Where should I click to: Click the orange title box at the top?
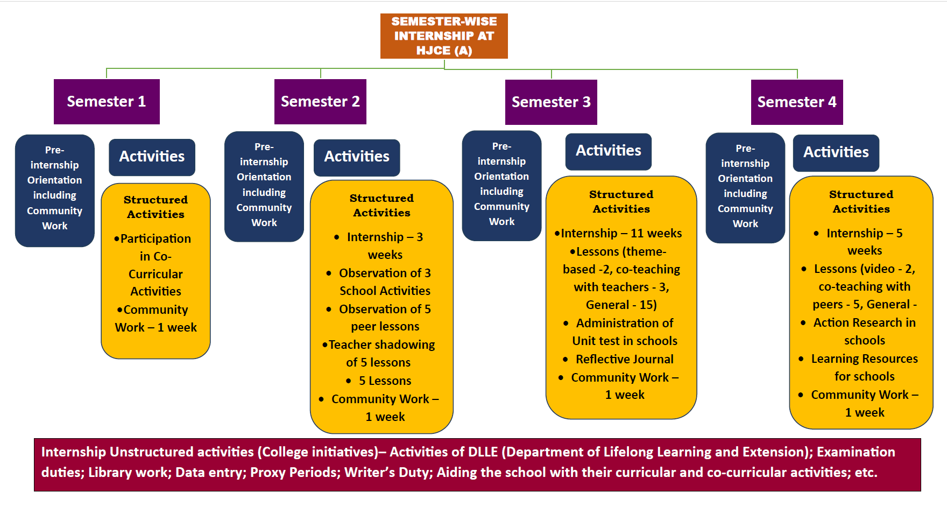(444, 36)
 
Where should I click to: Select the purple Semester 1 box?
(107, 101)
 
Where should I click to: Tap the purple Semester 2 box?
(320, 101)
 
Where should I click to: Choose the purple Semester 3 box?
(551, 102)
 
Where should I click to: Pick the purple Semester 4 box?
(797, 102)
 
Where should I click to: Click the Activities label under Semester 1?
(152, 157)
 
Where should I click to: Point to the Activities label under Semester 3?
(608, 151)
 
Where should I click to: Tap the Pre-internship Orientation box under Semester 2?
(264, 185)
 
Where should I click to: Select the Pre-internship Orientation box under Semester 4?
(745, 186)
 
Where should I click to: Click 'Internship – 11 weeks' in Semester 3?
(621, 233)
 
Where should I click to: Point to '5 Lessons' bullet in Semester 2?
(385, 381)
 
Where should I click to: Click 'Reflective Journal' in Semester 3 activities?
(624, 359)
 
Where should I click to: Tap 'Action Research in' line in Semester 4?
(864, 322)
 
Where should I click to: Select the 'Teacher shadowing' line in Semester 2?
(381, 345)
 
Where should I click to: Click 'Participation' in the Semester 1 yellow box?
(156, 238)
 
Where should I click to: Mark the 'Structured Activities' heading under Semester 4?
(861, 201)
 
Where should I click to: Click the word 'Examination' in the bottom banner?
(856, 452)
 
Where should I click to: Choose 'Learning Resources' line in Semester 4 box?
(864, 359)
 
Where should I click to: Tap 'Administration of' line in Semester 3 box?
(624, 323)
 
